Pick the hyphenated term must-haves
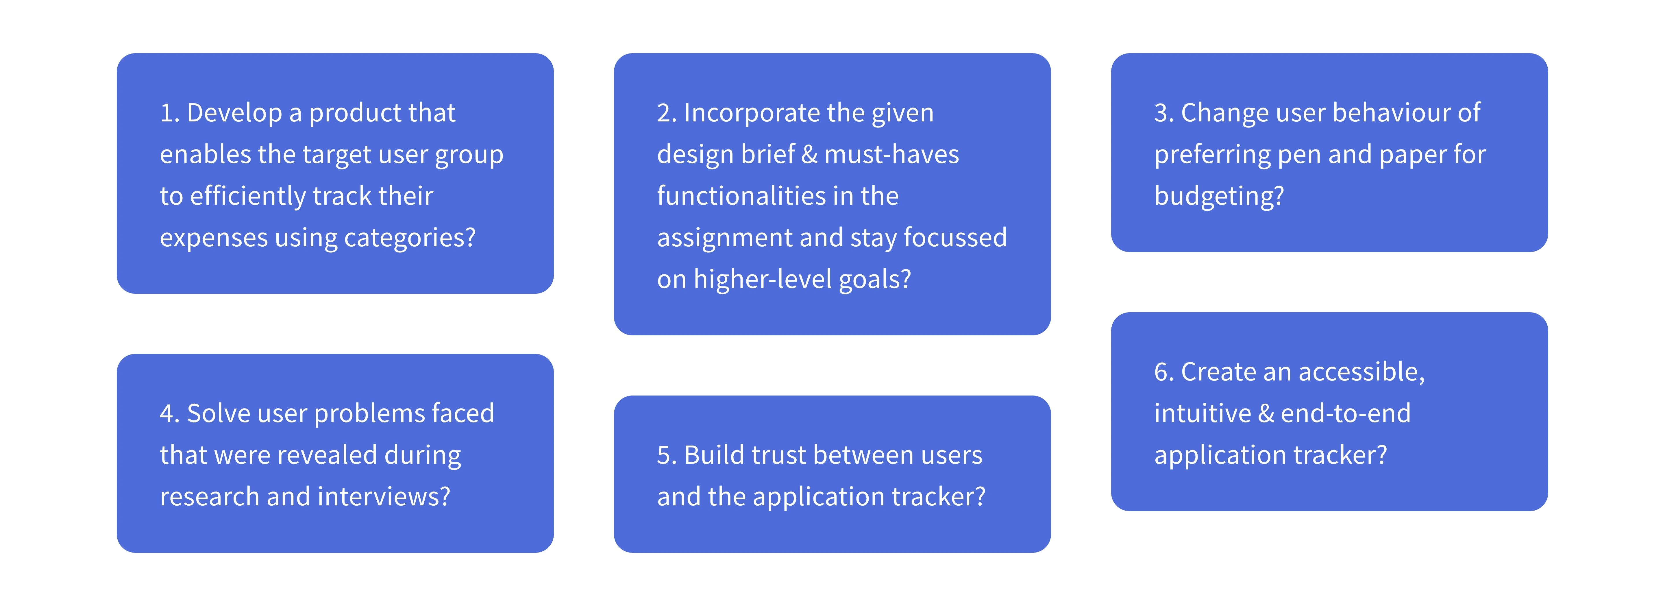pyautogui.click(x=892, y=155)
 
